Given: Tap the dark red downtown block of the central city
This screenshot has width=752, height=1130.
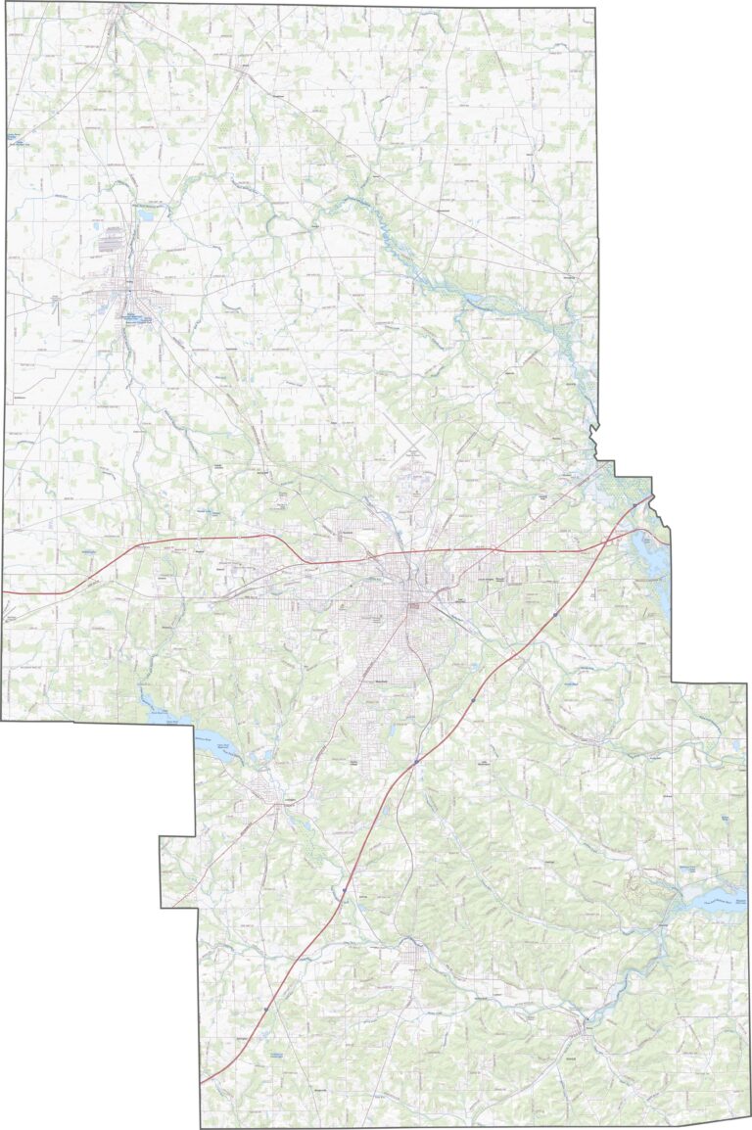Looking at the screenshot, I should click(413, 609).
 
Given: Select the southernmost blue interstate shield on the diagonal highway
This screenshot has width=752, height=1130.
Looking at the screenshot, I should click(265, 1008).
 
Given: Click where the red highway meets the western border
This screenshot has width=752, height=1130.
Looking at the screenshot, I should click(4, 592).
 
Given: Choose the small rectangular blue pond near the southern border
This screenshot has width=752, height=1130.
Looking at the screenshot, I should click(277, 1055).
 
